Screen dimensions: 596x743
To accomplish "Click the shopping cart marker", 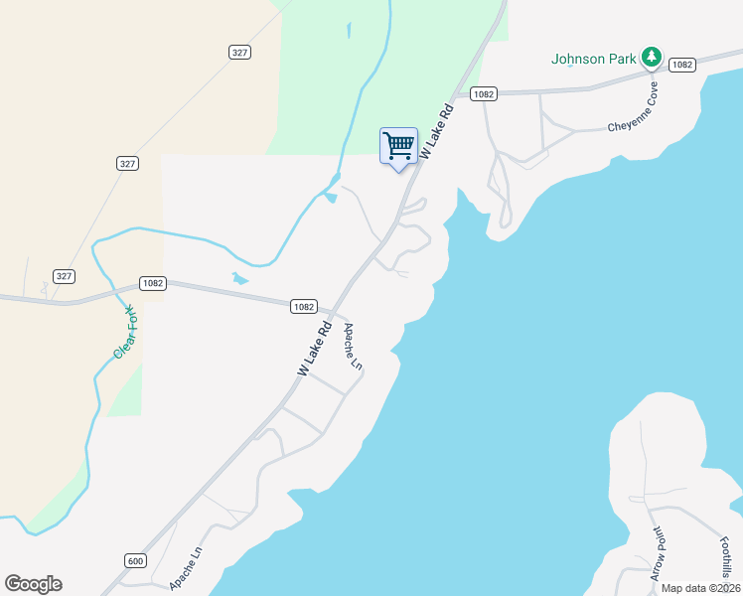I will click(x=398, y=146).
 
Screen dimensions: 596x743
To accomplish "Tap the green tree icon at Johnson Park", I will click(x=651, y=57).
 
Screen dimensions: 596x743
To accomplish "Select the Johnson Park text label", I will click(x=594, y=59).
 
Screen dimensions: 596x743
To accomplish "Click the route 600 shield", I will click(x=136, y=561).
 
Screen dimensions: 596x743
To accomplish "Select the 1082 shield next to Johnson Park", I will click(x=681, y=65).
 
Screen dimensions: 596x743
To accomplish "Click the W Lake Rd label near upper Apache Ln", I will click(x=314, y=347).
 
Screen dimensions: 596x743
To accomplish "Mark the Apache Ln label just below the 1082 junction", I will click(x=352, y=346).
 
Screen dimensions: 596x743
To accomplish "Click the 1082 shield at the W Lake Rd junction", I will click(x=304, y=307).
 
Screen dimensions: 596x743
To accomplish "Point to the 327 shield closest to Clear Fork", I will click(x=65, y=276).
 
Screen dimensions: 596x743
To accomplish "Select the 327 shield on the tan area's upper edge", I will click(x=238, y=53).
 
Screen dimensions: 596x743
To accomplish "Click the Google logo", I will click(x=33, y=584).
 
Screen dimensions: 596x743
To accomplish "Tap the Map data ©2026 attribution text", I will click(x=701, y=588).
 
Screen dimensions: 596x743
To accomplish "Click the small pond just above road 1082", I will click(x=238, y=278).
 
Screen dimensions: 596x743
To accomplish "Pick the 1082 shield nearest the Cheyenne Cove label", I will click(x=484, y=94).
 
